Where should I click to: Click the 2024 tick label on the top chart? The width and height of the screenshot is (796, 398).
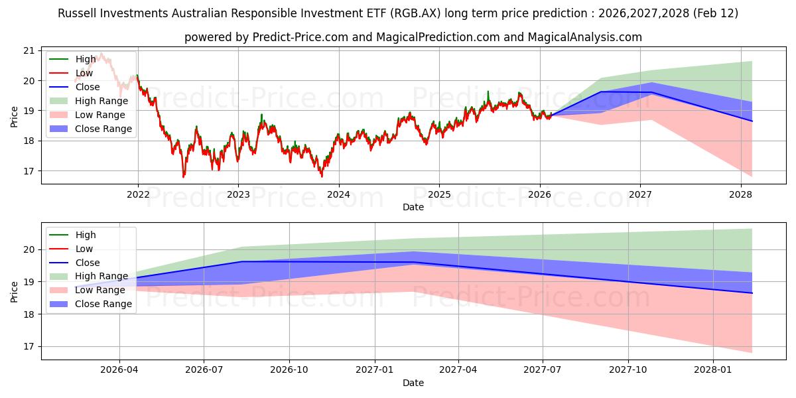point(338,194)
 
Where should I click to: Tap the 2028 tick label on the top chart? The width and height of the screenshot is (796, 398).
point(740,194)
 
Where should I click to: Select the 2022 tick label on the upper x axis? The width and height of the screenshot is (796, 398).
point(138,194)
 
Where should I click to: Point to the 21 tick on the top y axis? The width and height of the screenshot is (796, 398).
point(29,50)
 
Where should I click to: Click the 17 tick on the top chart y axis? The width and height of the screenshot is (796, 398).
point(29,171)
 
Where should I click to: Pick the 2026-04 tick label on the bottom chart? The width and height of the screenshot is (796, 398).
point(119,370)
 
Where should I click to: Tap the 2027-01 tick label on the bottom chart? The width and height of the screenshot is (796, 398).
point(375,370)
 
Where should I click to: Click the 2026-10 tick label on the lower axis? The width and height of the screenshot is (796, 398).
point(289,370)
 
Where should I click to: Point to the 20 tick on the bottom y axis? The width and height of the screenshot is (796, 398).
point(29,249)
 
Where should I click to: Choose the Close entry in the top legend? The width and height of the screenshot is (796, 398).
point(88,87)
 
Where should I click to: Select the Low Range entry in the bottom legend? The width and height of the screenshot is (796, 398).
point(100,290)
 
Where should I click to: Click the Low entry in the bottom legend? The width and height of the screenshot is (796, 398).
point(84,249)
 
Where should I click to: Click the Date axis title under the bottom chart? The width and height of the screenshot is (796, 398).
point(413,383)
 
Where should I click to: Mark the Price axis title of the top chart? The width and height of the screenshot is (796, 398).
point(15,116)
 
